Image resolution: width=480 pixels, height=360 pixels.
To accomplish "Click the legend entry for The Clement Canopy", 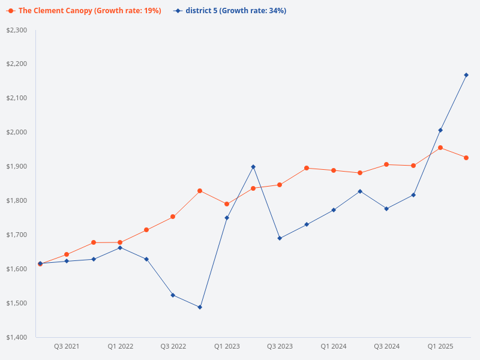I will tap(84, 11).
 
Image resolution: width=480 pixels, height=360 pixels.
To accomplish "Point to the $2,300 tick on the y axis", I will tap(17, 30).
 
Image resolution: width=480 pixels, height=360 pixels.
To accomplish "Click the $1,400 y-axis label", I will tap(17, 337).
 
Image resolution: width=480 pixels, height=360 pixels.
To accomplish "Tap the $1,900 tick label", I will tap(17, 166).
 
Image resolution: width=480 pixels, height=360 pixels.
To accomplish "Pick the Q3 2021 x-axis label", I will tap(67, 346).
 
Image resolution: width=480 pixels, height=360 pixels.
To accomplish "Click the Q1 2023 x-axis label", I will tap(227, 346).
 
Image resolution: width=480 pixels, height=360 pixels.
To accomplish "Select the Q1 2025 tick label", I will tap(440, 346).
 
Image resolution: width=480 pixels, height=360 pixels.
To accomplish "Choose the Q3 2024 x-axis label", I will tap(386, 346).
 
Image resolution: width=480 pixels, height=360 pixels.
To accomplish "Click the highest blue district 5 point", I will tap(466, 75).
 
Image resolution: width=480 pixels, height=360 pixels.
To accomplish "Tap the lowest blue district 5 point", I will tap(200, 307).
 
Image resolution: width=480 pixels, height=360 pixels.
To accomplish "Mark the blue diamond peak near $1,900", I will tap(253, 167).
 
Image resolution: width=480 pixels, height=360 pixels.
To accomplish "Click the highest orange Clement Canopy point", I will tap(440, 148).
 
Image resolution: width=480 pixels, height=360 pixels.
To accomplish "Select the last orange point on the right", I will tap(466, 158).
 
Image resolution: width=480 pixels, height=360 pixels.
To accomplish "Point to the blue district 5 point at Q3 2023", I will tap(280, 238).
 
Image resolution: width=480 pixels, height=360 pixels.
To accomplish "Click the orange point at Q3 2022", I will tap(173, 217).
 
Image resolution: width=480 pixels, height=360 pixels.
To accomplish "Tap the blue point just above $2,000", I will tap(440, 130).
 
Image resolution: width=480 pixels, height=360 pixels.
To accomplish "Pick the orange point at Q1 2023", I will tap(227, 204).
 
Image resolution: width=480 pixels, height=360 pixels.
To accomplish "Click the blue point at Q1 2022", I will tap(120, 248).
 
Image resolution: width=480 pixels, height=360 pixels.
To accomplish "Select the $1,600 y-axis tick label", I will tap(17, 269).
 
